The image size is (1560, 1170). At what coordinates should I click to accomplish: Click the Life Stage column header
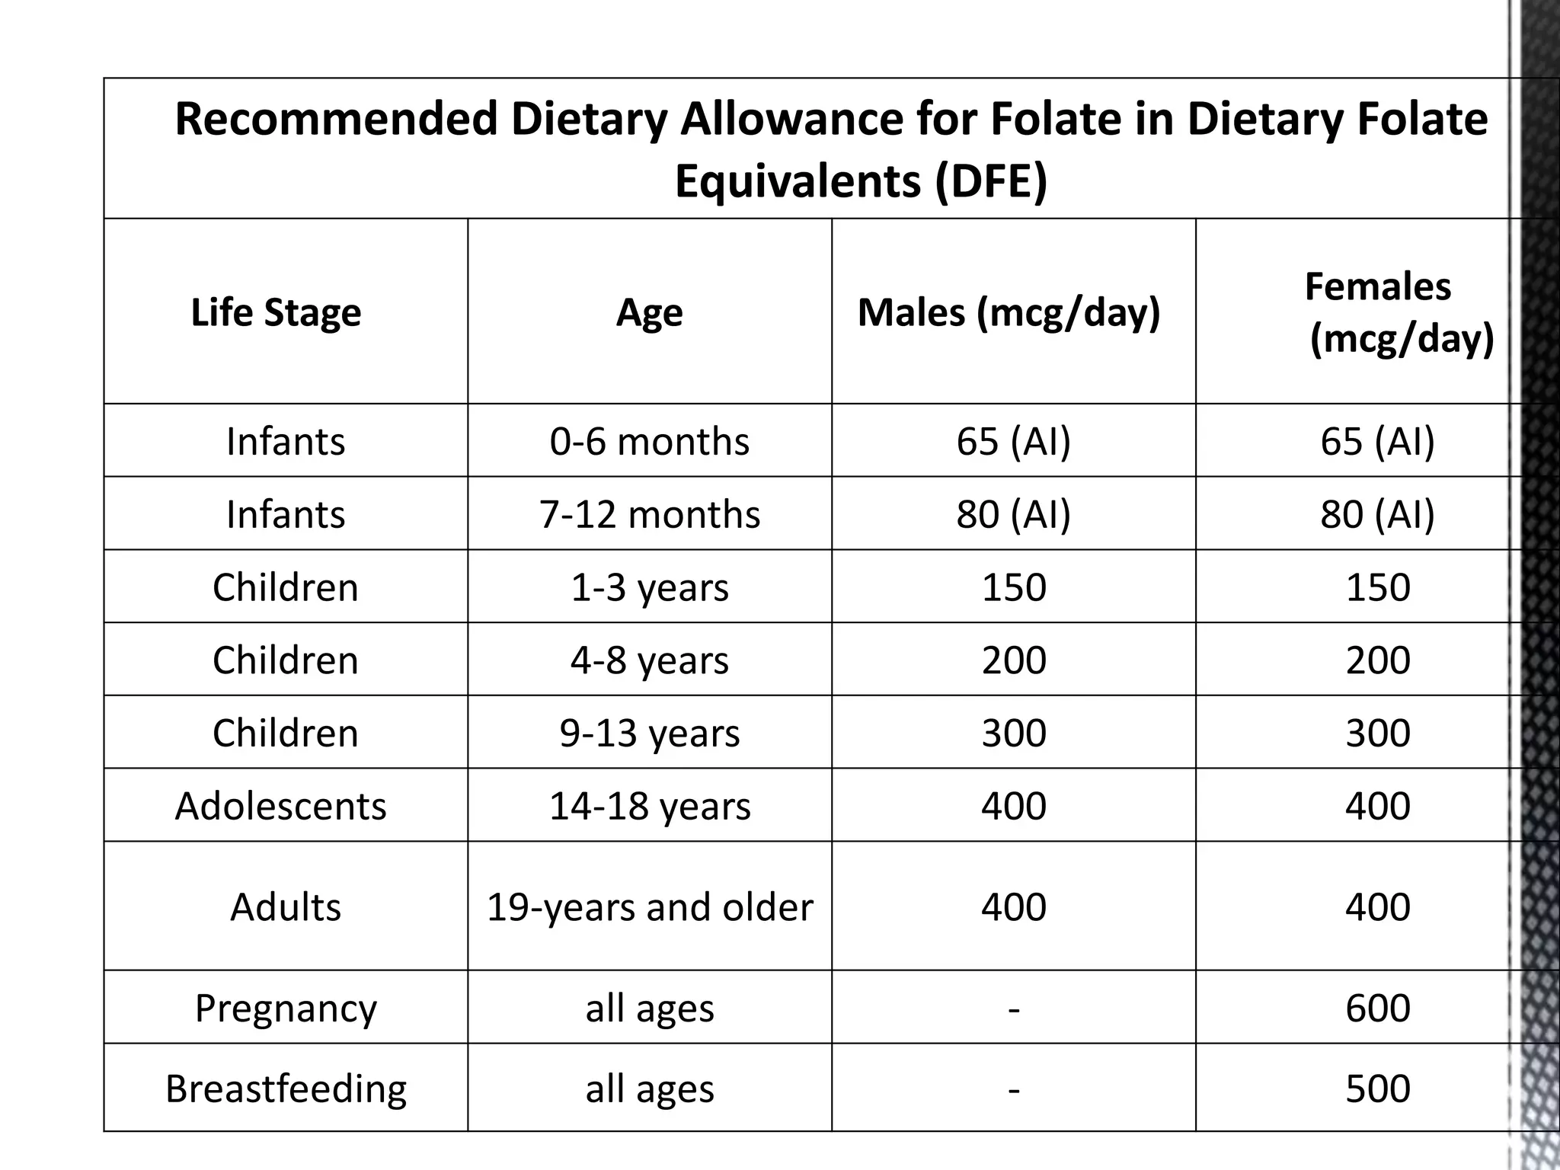pyautogui.click(x=276, y=312)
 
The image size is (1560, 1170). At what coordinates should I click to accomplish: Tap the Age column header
pyautogui.click(x=649, y=312)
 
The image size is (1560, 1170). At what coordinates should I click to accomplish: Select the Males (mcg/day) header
pyautogui.click(x=1009, y=312)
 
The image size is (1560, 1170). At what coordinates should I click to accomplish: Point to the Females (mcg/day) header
pyautogui.click(x=1379, y=312)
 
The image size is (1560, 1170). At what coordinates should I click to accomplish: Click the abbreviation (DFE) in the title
pyautogui.click(x=990, y=181)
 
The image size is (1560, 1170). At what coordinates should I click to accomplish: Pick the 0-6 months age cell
pyautogui.click(x=649, y=441)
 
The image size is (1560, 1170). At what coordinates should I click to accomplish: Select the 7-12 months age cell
pyautogui.click(x=649, y=514)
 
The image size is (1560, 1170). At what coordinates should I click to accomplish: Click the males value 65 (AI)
pyautogui.click(x=1013, y=441)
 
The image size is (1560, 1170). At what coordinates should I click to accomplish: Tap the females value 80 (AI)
pyautogui.click(x=1377, y=514)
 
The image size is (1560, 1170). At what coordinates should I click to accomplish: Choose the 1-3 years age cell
pyautogui.click(x=649, y=587)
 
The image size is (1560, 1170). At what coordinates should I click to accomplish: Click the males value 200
pyautogui.click(x=1013, y=660)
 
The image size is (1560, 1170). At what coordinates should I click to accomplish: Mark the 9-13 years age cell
pyautogui.click(x=649, y=733)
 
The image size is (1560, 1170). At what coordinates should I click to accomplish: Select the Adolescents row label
pyautogui.click(x=280, y=806)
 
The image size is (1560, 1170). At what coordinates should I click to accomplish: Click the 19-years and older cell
pyautogui.click(x=649, y=906)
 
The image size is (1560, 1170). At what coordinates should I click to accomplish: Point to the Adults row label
pyautogui.click(x=286, y=906)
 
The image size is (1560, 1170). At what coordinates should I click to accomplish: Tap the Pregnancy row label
pyautogui.click(x=286, y=1008)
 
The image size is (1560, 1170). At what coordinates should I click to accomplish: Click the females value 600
pyautogui.click(x=1377, y=1008)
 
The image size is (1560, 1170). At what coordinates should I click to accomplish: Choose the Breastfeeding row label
pyautogui.click(x=286, y=1088)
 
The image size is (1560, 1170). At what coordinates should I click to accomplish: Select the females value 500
pyautogui.click(x=1377, y=1088)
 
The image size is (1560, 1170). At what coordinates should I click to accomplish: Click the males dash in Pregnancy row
pyautogui.click(x=1013, y=1009)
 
